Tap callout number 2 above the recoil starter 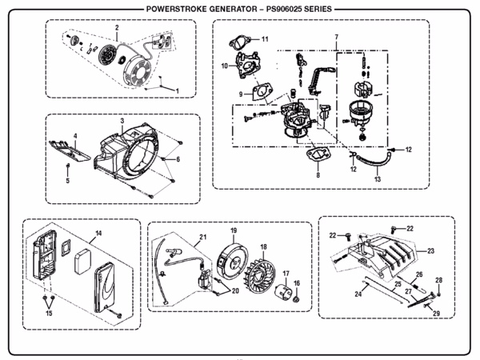(x=117, y=28)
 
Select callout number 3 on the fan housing (x=122, y=120)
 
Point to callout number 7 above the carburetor (x=336, y=38)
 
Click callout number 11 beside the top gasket (x=265, y=39)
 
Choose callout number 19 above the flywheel (x=234, y=230)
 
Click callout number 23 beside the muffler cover (x=430, y=251)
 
